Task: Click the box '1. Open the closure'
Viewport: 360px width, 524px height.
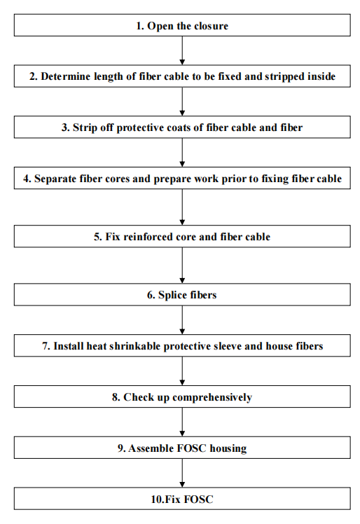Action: (x=182, y=26)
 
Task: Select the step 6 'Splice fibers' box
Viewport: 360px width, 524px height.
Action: (x=182, y=295)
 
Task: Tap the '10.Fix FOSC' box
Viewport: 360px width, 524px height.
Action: (x=182, y=499)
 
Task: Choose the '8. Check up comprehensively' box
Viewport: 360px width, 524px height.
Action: (x=182, y=397)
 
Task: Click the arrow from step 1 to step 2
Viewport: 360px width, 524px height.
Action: (x=182, y=50)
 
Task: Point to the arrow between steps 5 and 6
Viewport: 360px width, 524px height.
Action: (x=182, y=265)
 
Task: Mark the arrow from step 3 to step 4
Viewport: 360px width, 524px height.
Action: (x=182, y=152)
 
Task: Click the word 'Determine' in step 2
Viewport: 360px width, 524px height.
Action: (x=66, y=77)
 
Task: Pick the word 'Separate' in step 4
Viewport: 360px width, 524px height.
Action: (x=57, y=179)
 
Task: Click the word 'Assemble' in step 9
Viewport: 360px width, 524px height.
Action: (x=149, y=448)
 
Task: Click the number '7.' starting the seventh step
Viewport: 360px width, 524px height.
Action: (x=46, y=346)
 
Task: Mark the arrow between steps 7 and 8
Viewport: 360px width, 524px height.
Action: (x=182, y=371)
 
